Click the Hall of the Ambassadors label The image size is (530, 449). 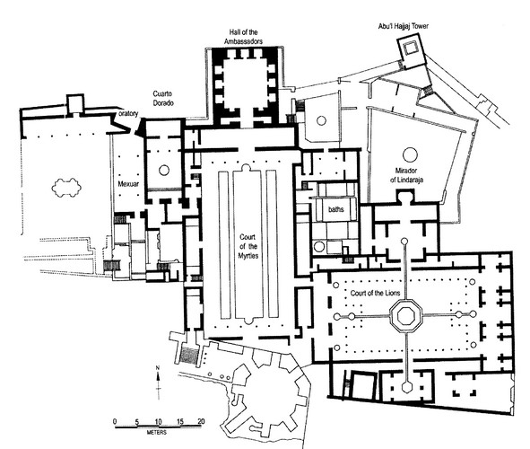pyautogui.click(x=243, y=37)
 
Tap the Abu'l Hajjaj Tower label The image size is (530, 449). pyautogui.click(x=404, y=26)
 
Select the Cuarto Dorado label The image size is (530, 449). pyautogui.click(x=163, y=98)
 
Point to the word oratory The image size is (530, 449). pyautogui.click(x=129, y=114)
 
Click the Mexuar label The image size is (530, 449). pyautogui.click(x=128, y=184)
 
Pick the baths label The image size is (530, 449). pyautogui.click(x=336, y=209)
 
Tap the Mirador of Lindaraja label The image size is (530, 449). pyautogui.click(x=406, y=175)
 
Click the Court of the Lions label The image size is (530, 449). pyautogui.click(x=375, y=293)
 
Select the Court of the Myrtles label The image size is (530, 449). pyautogui.click(x=248, y=246)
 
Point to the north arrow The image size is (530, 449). pyautogui.click(x=158, y=382)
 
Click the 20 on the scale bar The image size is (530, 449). pyautogui.click(x=201, y=421)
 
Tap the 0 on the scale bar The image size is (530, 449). pyautogui.click(x=115, y=421)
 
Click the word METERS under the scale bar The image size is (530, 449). pyautogui.click(x=157, y=433)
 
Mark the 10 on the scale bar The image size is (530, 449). pyautogui.click(x=158, y=421)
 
